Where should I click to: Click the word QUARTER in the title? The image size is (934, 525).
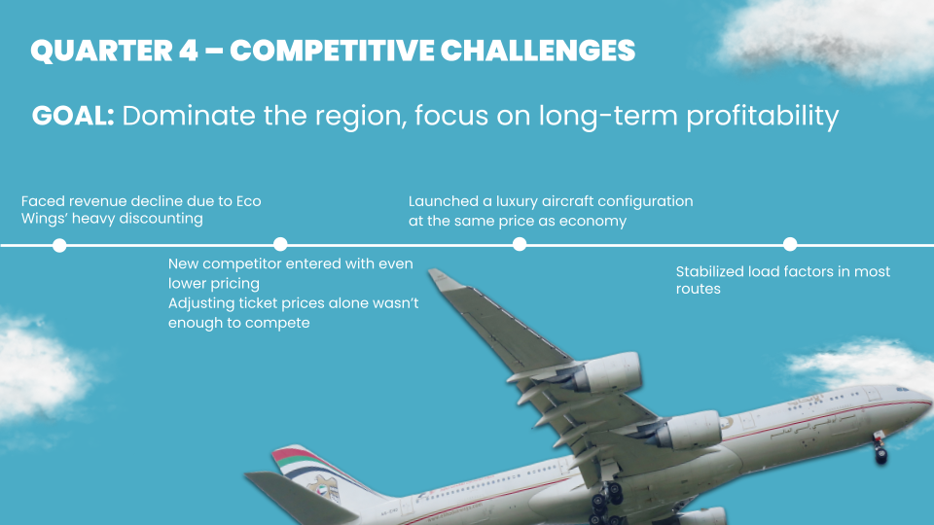100,51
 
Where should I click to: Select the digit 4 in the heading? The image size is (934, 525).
188,51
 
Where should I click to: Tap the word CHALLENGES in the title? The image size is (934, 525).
538,51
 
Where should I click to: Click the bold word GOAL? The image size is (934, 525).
73,116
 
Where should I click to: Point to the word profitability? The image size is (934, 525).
763,117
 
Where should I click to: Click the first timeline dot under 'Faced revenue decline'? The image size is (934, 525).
59,245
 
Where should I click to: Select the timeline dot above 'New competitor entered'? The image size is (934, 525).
280,244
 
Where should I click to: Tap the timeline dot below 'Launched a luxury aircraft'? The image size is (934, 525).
520,244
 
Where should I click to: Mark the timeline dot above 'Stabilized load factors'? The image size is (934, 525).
790,244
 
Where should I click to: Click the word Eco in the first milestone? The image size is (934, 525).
248,201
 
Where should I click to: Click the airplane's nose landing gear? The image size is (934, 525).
880,449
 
